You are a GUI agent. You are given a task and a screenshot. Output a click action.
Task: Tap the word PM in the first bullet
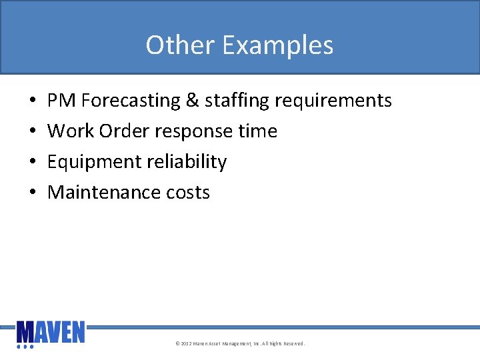62,101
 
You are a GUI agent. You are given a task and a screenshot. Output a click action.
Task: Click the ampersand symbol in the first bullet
193,101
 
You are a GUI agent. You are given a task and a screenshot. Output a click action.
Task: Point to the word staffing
237,101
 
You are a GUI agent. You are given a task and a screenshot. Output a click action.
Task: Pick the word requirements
333,101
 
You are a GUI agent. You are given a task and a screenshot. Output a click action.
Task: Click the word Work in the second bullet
71,131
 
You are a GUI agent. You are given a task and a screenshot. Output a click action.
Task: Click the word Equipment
93,162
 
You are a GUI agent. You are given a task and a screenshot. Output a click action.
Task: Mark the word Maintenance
104,193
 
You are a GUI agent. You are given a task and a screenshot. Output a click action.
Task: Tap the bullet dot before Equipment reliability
33,163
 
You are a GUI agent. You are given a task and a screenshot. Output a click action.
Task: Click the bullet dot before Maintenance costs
33,193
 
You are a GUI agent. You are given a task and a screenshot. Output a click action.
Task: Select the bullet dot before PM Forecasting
33,101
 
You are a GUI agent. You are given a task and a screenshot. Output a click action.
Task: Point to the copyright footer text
240,344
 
